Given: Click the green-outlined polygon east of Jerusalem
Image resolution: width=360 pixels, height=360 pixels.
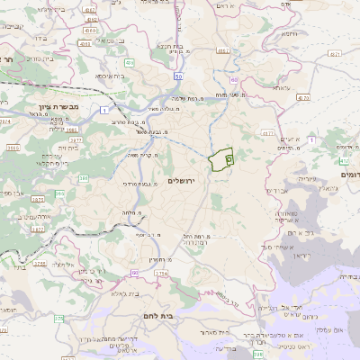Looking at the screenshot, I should [x=220, y=158].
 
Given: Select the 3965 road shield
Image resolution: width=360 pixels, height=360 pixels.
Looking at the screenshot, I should [x=13, y=147].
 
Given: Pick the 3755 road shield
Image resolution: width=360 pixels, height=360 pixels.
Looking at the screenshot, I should [x=40, y=263].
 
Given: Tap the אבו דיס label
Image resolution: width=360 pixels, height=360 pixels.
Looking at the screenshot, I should [x=279, y=192].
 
